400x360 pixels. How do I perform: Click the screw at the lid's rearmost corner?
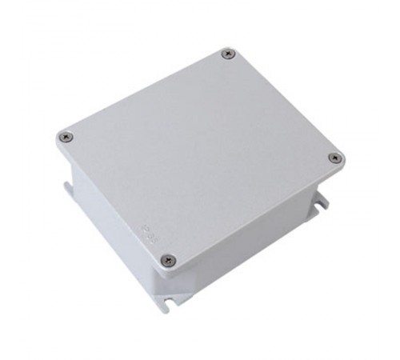[x=229, y=54]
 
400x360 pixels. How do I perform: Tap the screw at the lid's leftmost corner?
[x=67, y=137]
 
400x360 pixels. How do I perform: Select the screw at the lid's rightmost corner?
[x=334, y=158]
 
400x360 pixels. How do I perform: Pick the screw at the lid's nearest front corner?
[x=167, y=260]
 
